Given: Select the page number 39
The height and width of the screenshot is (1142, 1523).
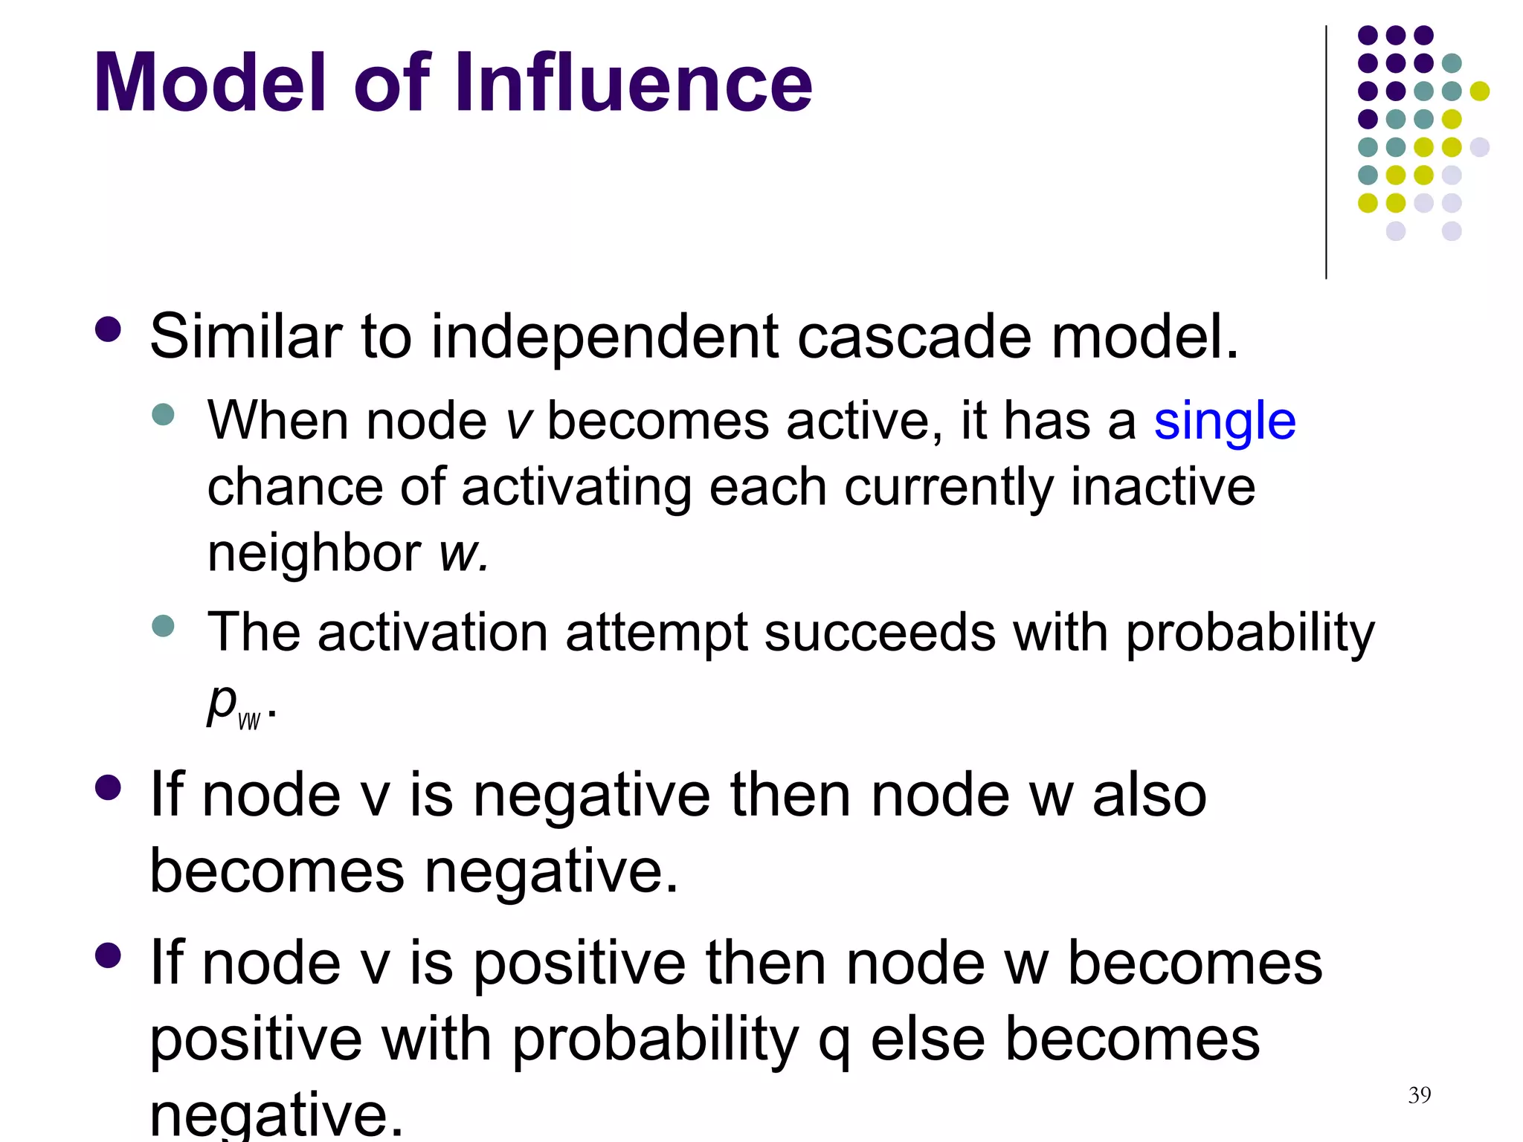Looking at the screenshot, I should (1419, 1095).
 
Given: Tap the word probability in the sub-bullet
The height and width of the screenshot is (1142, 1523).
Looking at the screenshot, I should (1249, 633).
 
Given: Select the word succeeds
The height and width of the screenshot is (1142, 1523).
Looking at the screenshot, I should (880, 632).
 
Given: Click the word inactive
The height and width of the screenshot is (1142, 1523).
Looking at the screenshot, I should (1162, 488).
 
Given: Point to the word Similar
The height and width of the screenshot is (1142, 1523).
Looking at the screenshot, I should (246, 336).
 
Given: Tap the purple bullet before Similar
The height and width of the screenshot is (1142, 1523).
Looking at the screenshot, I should (109, 329).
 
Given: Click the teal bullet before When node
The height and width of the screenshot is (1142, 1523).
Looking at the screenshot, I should (162, 414).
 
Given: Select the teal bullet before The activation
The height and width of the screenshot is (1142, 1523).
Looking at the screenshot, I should (162, 625).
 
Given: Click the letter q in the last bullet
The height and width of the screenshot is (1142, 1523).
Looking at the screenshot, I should (834, 1041).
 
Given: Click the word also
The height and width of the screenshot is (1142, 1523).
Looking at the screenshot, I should (1149, 796).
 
